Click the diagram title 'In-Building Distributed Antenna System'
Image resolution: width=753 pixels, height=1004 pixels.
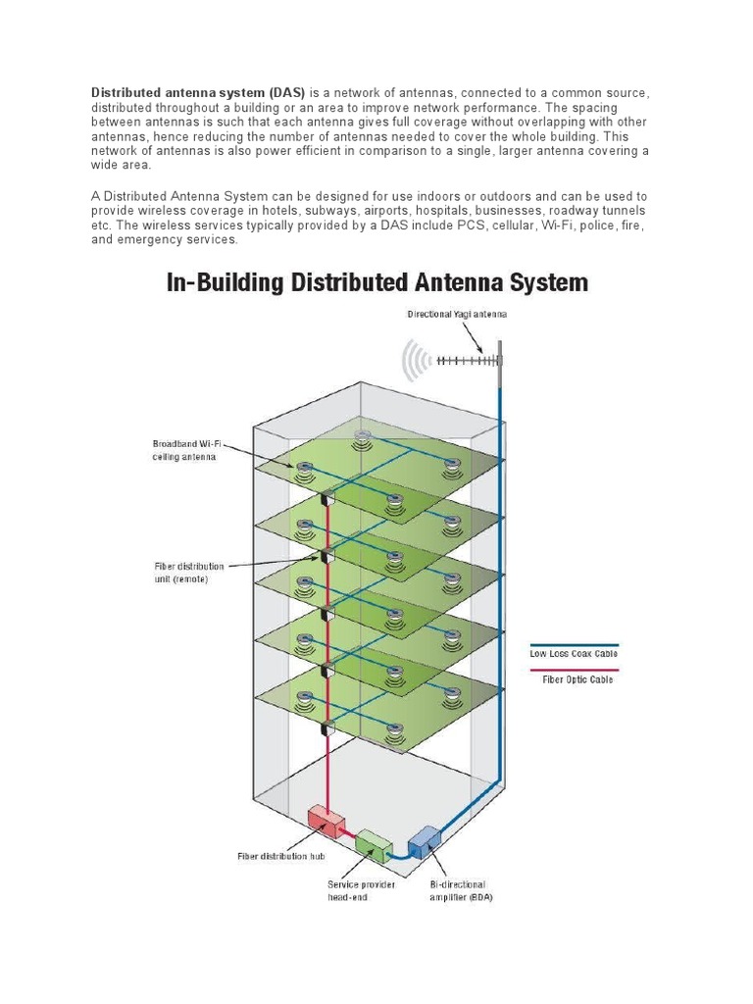pos(377,283)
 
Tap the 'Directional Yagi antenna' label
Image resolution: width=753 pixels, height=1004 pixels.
pos(458,315)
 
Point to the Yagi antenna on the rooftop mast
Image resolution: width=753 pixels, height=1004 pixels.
pos(466,361)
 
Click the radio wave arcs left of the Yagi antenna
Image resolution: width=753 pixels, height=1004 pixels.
pos(415,363)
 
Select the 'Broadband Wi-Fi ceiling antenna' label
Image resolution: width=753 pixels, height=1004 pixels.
pos(182,450)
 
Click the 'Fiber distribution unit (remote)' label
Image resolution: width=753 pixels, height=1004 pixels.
pos(188,573)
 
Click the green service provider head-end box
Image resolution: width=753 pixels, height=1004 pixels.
pos(374,844)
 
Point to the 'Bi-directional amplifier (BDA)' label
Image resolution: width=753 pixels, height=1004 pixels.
pos(459,890)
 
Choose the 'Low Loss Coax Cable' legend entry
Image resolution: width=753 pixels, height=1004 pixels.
pos(574,653)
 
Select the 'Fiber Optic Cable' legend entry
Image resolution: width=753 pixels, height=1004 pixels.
pos(577,678)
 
